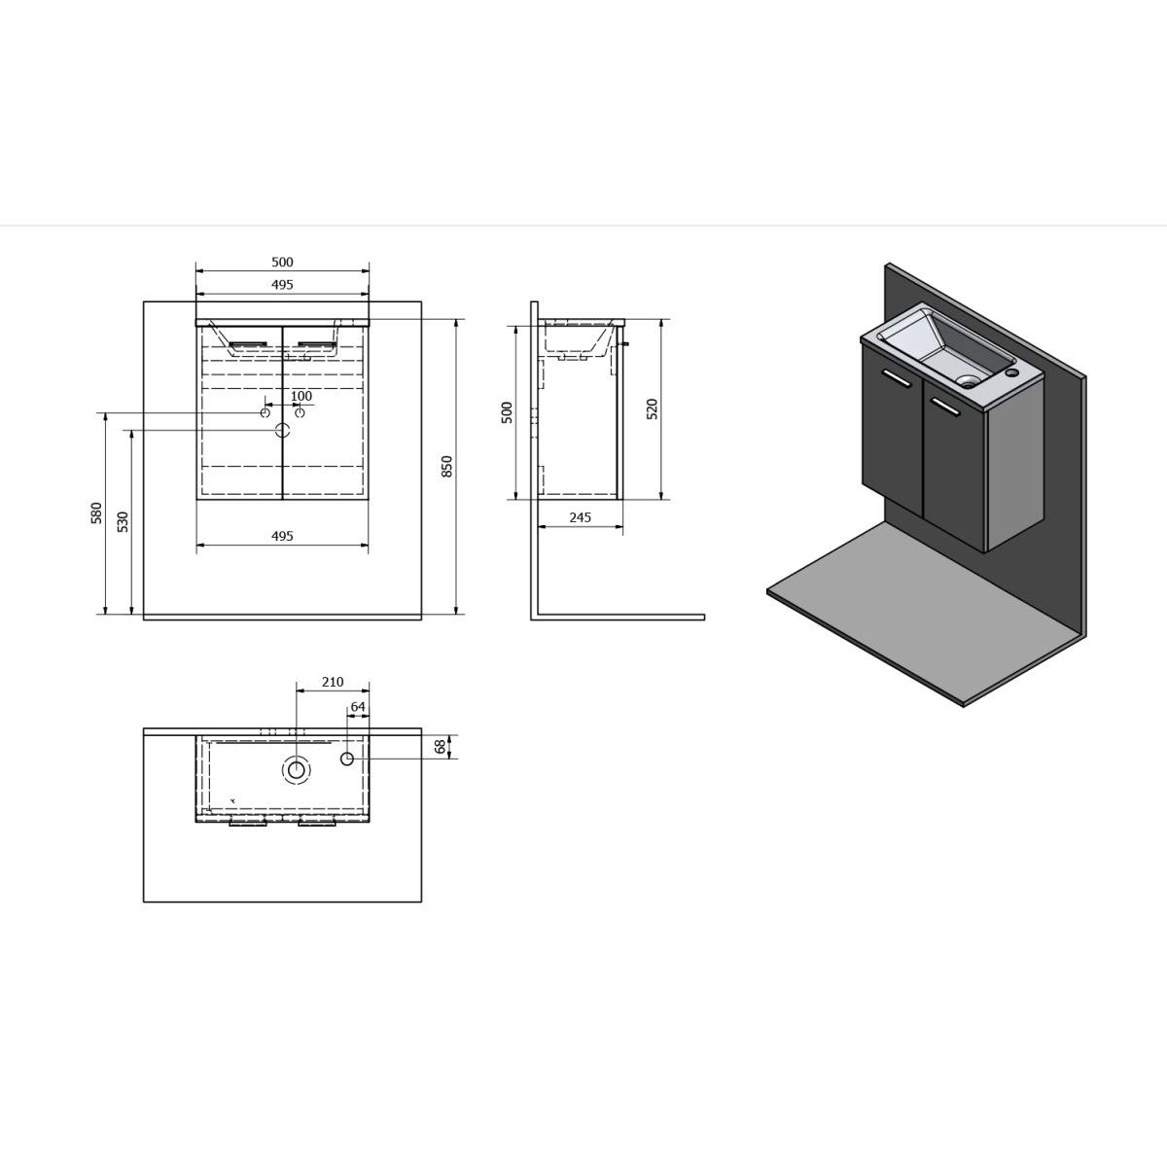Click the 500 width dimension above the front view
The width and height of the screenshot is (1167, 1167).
coord(282,263)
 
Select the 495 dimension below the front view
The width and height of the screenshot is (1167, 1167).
coord(282,536)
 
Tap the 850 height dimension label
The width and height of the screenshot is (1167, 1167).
coord(447,467)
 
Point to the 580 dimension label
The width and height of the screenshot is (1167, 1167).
coord(97,513)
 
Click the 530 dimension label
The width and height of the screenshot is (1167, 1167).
coord(123,521)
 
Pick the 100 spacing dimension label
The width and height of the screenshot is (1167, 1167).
coord(301,396)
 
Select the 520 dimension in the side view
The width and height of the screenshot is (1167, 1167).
coord(653,409)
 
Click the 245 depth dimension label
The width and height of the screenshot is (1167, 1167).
coord(581,517)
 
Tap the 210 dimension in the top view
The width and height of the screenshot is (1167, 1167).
coord(333,682)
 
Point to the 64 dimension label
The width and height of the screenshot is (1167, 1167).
coord(358,707)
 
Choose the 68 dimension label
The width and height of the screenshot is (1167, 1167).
coord(441,747)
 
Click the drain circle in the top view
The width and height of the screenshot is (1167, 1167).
coord(297,770)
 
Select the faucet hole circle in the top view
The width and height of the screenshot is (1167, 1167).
coord(347,759)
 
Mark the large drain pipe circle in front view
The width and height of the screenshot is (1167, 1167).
coord(283,431)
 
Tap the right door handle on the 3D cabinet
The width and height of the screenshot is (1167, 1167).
coord(945,407)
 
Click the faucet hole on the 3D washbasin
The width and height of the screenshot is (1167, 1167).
coord(1010,372)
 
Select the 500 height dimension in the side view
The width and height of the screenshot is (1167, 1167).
coord(508,412)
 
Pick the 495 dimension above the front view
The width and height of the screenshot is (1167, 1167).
coord(282,285)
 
